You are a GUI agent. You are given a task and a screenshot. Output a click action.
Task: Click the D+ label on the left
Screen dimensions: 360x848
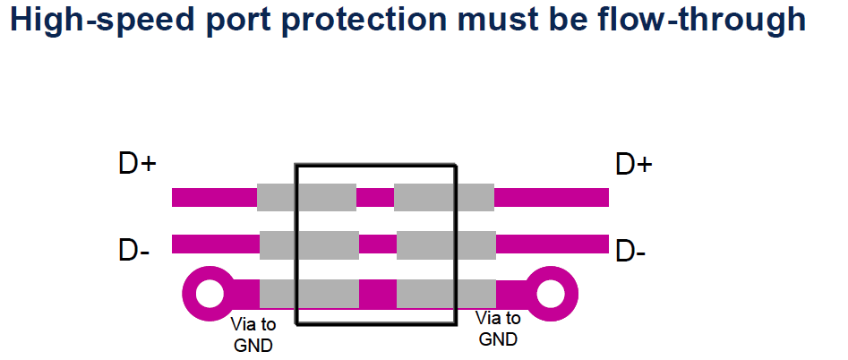click(x=138, y=165)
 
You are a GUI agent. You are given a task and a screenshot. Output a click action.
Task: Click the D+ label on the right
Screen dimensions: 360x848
click(x=634, y=165)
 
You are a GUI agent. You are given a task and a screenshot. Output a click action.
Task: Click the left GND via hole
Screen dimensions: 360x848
click(x=209, y=293)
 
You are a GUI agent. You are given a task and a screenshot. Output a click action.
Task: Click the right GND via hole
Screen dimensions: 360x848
click(x=552, y=292)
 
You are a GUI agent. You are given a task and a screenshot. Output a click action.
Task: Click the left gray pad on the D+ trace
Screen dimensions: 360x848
click(x=306, y=197)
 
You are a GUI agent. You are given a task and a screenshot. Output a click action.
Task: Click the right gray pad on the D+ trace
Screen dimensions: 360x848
click(x=444, y=197)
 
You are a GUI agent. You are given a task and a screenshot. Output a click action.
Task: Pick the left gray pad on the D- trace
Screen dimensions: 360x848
click(x=309, y=244)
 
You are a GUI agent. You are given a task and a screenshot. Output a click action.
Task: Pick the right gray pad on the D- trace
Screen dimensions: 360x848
click(x=446, y=244)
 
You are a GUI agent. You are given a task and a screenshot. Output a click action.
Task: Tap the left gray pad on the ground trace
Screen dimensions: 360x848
click(x=309, y=293)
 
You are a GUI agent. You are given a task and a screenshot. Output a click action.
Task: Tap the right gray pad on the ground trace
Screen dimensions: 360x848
click(x=446, y=293)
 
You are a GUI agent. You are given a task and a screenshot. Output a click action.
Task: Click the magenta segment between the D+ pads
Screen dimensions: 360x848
click(x=375, y=197)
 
